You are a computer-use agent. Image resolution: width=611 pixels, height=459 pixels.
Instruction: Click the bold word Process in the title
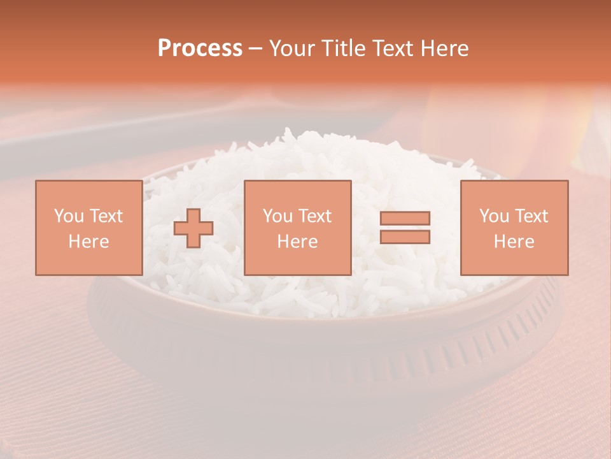pos(200,48)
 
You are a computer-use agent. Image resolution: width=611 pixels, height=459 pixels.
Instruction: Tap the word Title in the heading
pos(344,48)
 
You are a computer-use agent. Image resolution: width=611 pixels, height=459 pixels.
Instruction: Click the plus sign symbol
pos(193,228)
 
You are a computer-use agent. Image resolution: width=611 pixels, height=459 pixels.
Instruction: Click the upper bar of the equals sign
pos(405,218)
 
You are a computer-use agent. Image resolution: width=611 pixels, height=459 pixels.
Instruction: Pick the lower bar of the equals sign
pos(405,237)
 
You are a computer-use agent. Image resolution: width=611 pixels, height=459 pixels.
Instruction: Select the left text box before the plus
pos(88,228)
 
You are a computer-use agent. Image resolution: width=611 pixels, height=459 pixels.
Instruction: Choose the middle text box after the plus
pos(297,228)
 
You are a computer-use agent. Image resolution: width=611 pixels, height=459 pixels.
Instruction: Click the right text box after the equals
pos(514,228)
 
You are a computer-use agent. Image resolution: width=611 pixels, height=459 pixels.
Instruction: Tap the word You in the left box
pos(68,216)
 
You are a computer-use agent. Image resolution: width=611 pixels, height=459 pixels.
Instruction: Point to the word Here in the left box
pos(88,242)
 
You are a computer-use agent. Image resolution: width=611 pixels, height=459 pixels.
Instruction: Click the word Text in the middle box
pos(314,216)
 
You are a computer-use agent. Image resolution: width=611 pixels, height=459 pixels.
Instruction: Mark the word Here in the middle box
pos(297,242)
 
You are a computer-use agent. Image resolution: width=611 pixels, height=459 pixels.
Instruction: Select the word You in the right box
pos(493,216)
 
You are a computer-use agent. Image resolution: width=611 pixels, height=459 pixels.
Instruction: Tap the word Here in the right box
pos(514,242)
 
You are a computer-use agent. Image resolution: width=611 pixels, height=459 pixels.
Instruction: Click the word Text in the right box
pos(531,216)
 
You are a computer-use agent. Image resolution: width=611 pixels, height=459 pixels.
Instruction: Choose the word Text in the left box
pos(106,216)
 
